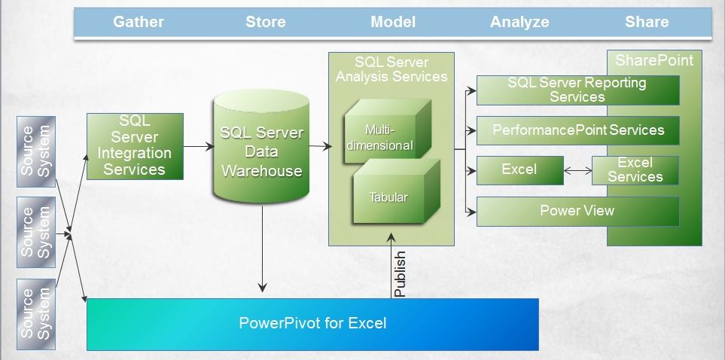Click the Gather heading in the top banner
[139, 22]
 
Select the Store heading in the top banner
[266, 22]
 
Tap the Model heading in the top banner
[393, 22]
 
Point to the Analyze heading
[519, 22]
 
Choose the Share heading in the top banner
[647, 22]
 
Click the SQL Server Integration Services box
[135, 146]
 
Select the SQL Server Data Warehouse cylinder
[262, 146]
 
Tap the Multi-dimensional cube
[388, 131]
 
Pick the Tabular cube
[396, 191]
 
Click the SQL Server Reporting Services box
[578, 90]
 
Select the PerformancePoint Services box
[578, 130]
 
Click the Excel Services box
[635, 170]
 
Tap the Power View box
[578, 212]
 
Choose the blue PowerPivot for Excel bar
[312, 325]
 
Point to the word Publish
[400, 274]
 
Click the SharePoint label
[654, 60]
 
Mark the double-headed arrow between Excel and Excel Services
[578, 171]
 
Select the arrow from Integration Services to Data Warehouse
[199, 147]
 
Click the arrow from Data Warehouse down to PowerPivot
[262, 249]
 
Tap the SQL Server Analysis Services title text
[391, 69]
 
